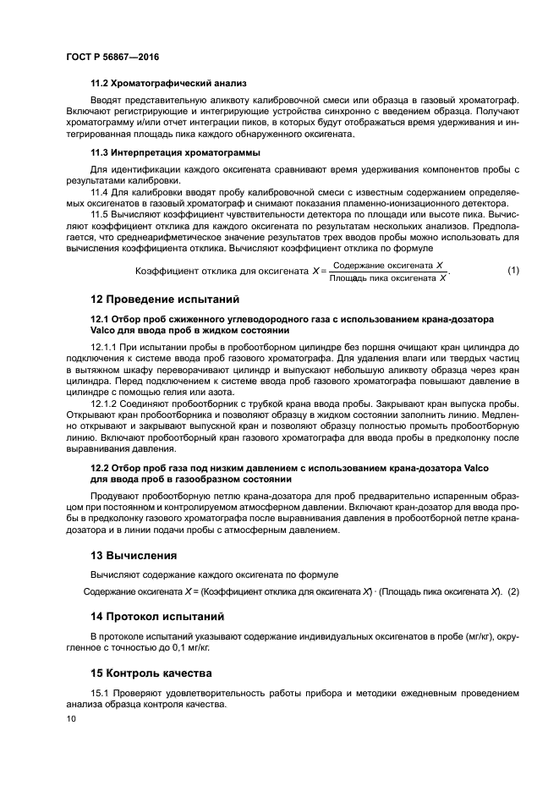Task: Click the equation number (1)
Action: (512, 271)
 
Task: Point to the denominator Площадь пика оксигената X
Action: (387, 277)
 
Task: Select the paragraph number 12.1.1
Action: (104, 347)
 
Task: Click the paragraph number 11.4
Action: (101, 193)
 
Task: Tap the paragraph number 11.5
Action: (101, 216)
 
